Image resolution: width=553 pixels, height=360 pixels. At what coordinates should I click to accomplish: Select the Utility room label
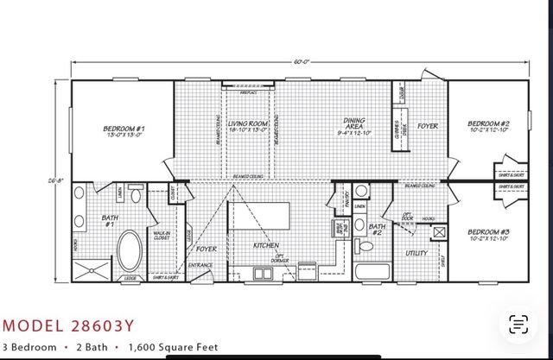(418, 254)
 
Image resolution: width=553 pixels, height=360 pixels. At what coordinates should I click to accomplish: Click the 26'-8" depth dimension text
(56, 180)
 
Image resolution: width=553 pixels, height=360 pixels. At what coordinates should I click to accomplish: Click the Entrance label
(201, 265)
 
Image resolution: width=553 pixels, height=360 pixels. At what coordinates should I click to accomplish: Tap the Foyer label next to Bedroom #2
(427, 127)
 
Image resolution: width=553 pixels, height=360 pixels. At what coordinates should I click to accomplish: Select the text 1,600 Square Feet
(174, 347)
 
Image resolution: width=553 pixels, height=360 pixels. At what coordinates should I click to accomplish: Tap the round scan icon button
(518, 325)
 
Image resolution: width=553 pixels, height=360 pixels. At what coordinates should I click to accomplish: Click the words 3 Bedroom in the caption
(29, 347)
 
